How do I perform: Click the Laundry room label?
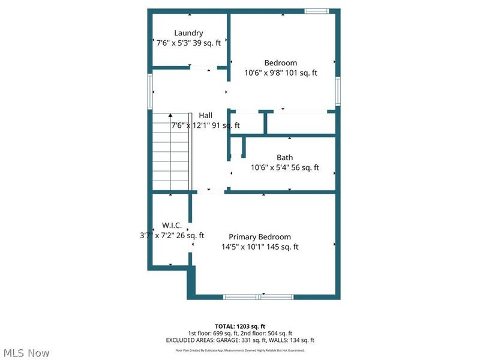tap(188, 33)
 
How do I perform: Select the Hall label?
tap(206, 115)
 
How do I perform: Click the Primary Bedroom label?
tap(260, 237)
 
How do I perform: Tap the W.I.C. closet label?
tap(172, 225)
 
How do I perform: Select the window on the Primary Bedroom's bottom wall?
tap(259, 296)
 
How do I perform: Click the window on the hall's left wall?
tap(150, 91)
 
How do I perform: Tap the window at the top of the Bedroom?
tap(316, 10)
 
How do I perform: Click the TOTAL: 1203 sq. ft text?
tap(240, 326)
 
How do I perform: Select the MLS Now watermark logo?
tap(25, 353)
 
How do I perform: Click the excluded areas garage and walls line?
tap(240, 340)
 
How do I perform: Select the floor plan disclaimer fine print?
tap(240, 350)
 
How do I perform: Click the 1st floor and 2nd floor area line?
tap(240, 333)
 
